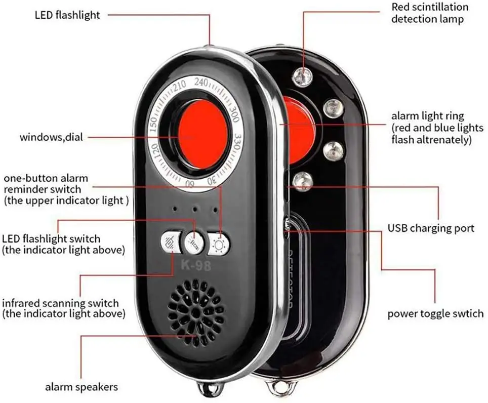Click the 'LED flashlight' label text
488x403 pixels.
pyautogui.click(x=67, y=15)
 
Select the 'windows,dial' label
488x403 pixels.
pyautogui.click(x=52, y=137)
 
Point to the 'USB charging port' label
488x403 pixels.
pyautogui.click(x=431, y=228)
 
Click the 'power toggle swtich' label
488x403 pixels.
pyautogui.click(x=435, y=313)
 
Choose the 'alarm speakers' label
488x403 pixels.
pyautogui.click(x=82, y=387)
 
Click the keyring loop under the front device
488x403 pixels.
pyautogui.click(x=209, y=389)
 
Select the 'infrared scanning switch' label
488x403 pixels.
pyautogui.click(x=61, y=303)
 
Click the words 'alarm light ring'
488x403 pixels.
pyautogui.click(x=427, y=116)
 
